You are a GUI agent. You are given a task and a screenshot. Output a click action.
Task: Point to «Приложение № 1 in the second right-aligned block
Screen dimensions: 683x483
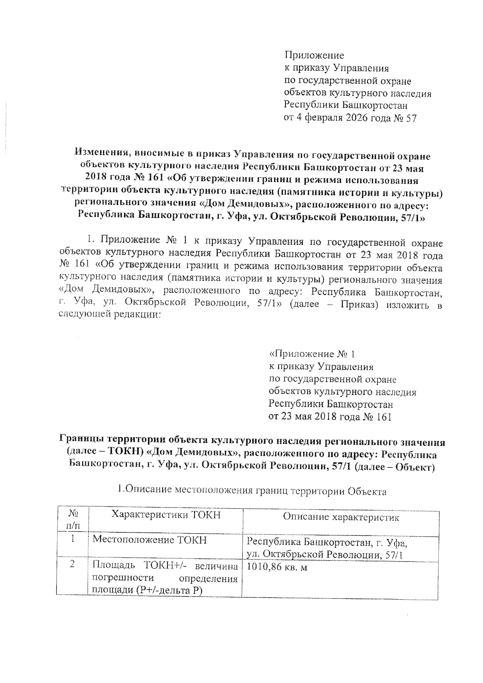pos(312,354)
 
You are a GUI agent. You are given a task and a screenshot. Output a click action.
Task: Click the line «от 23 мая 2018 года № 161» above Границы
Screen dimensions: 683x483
pos(330,417)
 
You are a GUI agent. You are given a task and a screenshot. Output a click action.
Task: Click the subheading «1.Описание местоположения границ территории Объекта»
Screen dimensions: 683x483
pos(252,491)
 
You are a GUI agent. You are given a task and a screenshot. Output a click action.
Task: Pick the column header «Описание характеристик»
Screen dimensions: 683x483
pos(341,517)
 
